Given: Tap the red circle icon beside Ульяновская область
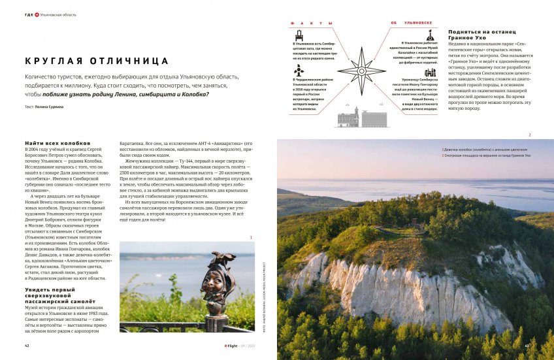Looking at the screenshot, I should coord(37,14).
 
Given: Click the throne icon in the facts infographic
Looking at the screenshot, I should coord(299,35).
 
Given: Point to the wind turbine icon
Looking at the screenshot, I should coord(299,70).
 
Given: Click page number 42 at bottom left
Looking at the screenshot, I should coord(27,346).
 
